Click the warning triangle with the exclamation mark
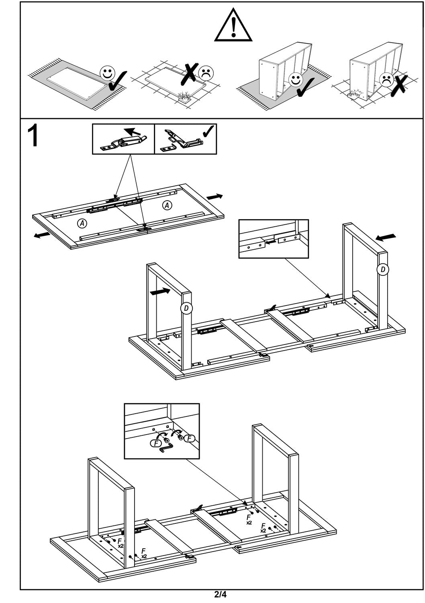pyautogui.click(x=233, y=26)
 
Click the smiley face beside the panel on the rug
pyautogui.click(x=106, y=74)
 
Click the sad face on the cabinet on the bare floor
pyautogui.click(x=387, y=79)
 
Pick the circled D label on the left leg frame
pyautogui.click(x=186, y=308)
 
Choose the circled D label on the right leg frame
pyautogui.click(x=383, y=269)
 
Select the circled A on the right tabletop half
pyautogui.click(x=167, y=205)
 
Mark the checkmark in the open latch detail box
pyautogui.click(x=209, y=131)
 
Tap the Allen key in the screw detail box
pyautogui.click(x=166, y=447)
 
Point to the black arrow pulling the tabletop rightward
pyautogui.click(x=215, y=197)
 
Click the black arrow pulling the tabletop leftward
pyautogui.click(x=42, y=235)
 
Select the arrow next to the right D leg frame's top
pyautogui.click(x=386, y=237)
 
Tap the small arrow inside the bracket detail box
pyautogui.click(x=272, y=242)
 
